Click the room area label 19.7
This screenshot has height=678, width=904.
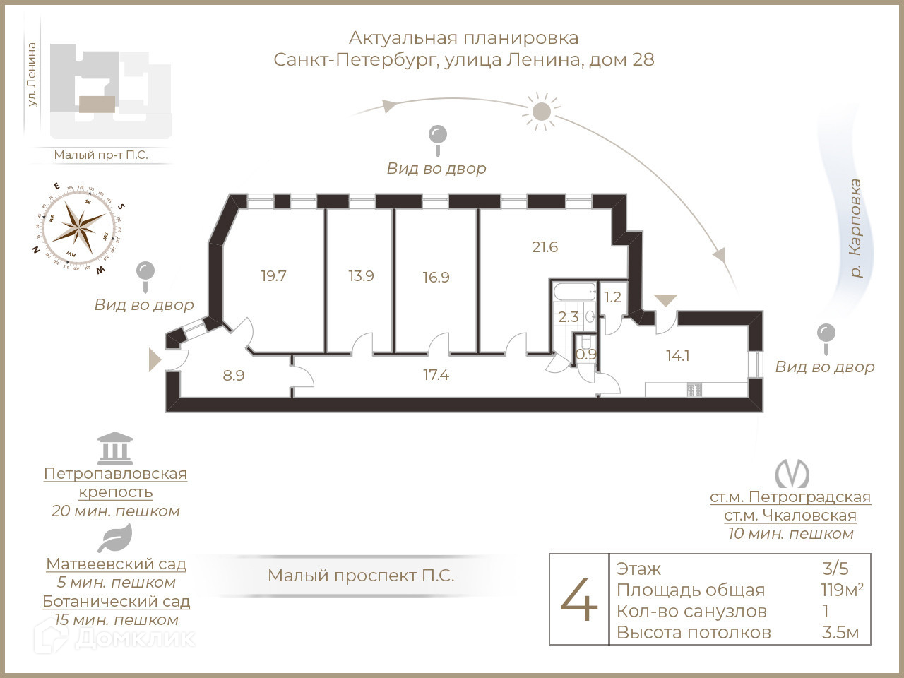click(x=273, y=276)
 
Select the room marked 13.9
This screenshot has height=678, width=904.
click(x=361, y=276)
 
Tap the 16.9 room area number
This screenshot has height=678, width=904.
click(x=436, y=278)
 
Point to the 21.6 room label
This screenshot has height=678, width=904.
click(x=545, y=247)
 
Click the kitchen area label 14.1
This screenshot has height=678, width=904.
click(x=677, y=356)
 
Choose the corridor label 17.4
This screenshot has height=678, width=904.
click(x=436, y=375)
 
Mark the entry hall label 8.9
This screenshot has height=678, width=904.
click(x=234, y=376)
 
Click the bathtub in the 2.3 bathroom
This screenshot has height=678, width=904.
click(x=573, y=292)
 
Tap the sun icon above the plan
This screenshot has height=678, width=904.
click(x=541, y=111)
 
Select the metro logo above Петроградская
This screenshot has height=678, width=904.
click(x=791, y=474)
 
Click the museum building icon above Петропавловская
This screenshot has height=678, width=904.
click(x=115, y=447)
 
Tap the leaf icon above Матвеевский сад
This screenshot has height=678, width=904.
click(x=114, y=539)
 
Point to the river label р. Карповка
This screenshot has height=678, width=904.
click(x=855, y=228)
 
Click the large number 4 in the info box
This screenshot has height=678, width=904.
click(x=579, y=600)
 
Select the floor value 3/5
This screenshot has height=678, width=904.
click(x=835, y=569)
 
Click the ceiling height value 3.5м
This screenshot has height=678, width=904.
click(x=840, y=632)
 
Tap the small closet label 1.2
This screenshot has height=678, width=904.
click(x=612, y=297)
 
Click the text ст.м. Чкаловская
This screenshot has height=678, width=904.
click(x=790, y=516)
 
